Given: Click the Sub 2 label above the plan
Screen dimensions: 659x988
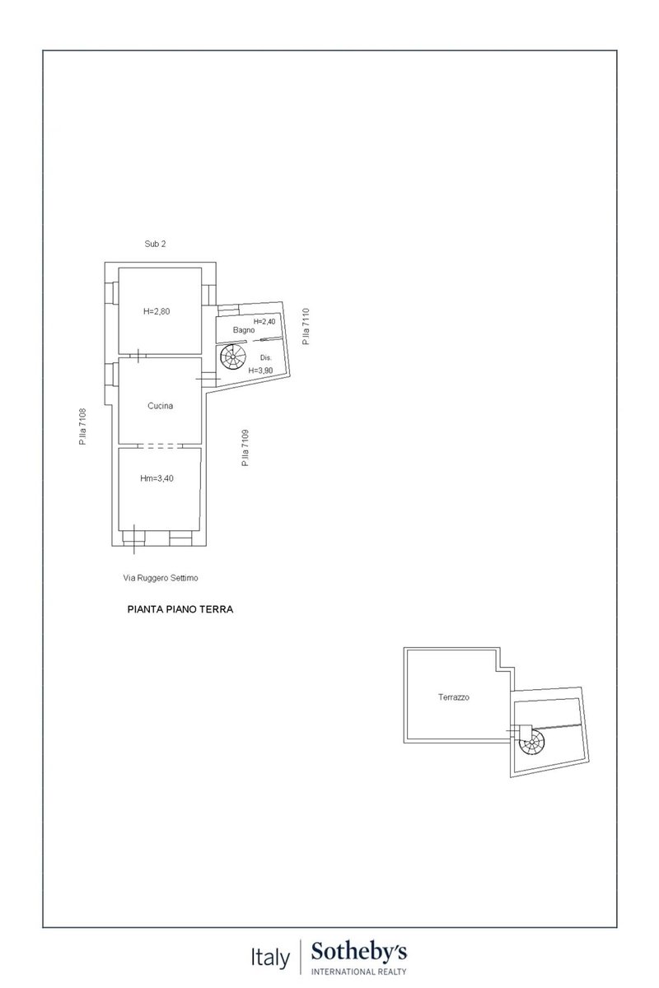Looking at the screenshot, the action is (155, 244).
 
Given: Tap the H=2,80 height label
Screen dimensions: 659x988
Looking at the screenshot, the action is (157, 311).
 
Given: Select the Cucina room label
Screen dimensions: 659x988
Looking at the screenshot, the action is (161, 406).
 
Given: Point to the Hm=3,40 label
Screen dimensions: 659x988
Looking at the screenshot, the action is (157, 478).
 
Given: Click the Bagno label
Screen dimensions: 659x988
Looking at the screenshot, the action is (244, 330).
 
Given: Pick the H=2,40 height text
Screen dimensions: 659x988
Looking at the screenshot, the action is (264, 322).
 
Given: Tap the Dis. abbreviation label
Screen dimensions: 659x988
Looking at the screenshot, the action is (266, 357).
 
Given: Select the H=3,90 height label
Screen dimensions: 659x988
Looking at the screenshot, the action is (260, 370).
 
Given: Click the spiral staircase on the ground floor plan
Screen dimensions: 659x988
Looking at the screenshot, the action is (232, 357).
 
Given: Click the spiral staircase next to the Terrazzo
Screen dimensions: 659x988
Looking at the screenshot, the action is (531, 743).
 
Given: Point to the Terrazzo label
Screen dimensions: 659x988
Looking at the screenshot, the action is (453, 697).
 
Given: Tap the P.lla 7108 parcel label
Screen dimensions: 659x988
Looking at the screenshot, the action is (83, 426).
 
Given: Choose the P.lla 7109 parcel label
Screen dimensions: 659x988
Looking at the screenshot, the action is (245, 448).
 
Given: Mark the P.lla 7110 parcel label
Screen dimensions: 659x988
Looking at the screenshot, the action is (306, 326).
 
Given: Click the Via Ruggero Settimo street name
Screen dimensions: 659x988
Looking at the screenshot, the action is (161, 578).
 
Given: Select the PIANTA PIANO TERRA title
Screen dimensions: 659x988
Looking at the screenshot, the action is (180, 609).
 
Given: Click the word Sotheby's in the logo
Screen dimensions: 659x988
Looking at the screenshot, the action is (359, 953).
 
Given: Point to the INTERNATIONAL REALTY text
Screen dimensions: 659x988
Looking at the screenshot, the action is (359, 972).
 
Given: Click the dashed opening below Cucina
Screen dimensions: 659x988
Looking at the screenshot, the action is (160, 446).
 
